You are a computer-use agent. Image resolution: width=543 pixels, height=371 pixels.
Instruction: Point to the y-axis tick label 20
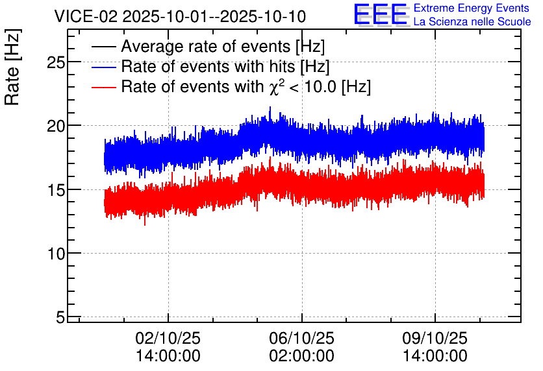pos(56,126)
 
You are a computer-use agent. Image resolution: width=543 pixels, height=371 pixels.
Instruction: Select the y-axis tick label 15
pos(56,191)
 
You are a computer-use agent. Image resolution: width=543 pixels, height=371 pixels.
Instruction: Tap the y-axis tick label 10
pos(56,254)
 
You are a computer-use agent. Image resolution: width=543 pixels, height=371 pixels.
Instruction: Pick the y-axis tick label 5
pos(60,317)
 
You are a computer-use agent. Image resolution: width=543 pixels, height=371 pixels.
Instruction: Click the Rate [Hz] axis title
pos(13,67)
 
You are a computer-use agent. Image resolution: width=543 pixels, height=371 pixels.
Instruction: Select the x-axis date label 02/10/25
pos(168,338)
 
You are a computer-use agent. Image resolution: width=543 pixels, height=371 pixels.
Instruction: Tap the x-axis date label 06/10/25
pos(301,338)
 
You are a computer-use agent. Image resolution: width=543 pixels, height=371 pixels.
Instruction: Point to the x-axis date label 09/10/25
pos(435,338)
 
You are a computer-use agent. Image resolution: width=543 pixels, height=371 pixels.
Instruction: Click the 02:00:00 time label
pos(301,356)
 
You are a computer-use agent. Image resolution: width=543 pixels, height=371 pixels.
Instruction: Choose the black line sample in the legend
pos(103,47)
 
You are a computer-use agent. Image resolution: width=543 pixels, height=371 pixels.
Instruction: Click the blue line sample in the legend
pos(103,67)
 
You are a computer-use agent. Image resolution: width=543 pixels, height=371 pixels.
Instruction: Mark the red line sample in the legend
pos(103,87)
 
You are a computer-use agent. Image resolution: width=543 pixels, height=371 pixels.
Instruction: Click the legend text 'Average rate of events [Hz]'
pos(223,47)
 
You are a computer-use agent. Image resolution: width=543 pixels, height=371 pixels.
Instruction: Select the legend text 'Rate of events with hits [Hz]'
pos(225,67)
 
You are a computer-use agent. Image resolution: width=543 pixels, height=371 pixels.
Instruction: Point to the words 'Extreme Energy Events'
pos(472,8)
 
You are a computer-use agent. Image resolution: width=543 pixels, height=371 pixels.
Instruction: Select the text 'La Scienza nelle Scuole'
pos(472,22)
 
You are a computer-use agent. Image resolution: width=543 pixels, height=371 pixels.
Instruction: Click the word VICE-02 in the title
pos(86,17)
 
